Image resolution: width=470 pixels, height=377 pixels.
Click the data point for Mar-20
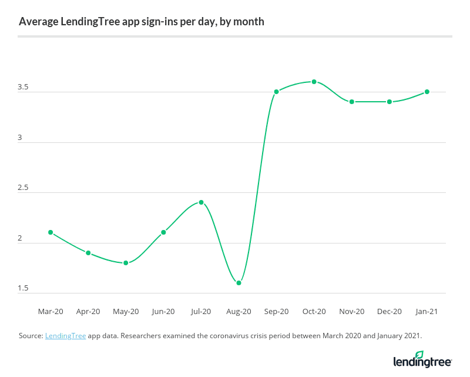[51, 232]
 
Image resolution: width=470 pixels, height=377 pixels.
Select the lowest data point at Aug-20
[239, 283]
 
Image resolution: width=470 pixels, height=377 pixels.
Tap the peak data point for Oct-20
[314, 82]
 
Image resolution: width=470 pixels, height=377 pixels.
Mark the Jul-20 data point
[201, 202]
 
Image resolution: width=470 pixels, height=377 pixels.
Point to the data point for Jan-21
[427, 92]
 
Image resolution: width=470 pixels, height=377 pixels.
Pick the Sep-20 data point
[276, 92]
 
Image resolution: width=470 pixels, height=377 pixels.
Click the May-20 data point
[126, 263]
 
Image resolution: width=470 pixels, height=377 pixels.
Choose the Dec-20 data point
[390, 102]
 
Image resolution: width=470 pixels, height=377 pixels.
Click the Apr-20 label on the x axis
[88, 311]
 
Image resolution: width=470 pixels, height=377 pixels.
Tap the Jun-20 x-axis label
[163, 311]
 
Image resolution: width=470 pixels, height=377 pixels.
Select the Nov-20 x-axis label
[352, 311]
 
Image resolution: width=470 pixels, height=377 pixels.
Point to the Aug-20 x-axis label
[239, 311]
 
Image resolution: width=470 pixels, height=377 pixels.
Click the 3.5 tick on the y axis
[23, 87]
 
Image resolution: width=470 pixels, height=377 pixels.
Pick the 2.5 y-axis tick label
[23, 188]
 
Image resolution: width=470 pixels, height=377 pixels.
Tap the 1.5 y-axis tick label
[23, 289]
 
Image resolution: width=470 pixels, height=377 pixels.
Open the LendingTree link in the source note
[65, 336]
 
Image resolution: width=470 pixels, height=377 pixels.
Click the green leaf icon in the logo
[419, 355]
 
